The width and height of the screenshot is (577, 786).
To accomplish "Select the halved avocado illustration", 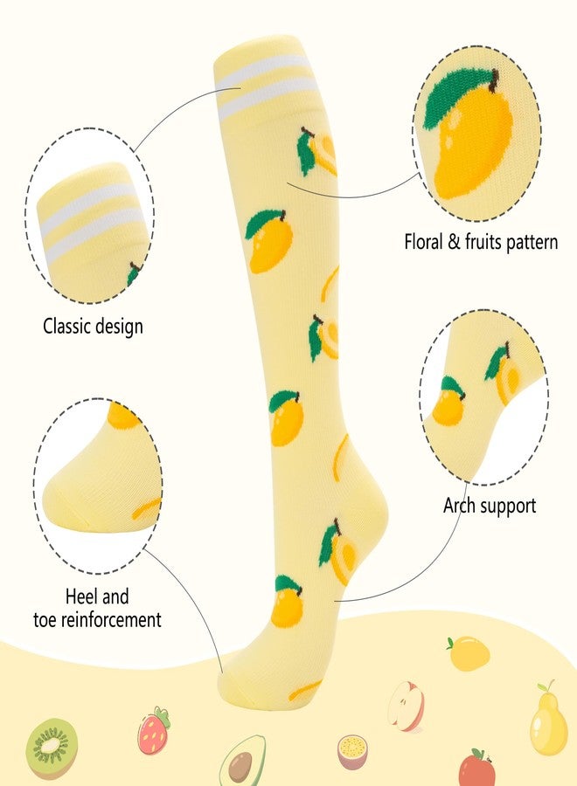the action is tap(243, 761).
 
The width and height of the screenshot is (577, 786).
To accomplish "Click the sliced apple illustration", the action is tap(407, 706).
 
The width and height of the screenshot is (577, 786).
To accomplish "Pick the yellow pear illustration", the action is tap(549, 718).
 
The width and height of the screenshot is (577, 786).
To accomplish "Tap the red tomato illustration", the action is tap(476, 768).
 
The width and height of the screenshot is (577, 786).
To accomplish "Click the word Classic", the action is tap(67, 326).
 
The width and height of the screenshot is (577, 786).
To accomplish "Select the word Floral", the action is tap(423, 241).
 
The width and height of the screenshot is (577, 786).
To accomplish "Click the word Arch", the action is tap(459, 506).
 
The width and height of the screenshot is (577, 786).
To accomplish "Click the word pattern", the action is tap(532, 242).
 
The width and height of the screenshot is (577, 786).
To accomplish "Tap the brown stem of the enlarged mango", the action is tap(495, 80).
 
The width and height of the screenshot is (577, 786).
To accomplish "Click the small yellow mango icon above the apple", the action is tap(469, 652).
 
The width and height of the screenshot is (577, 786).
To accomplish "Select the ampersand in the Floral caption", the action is tap(454, 241).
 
